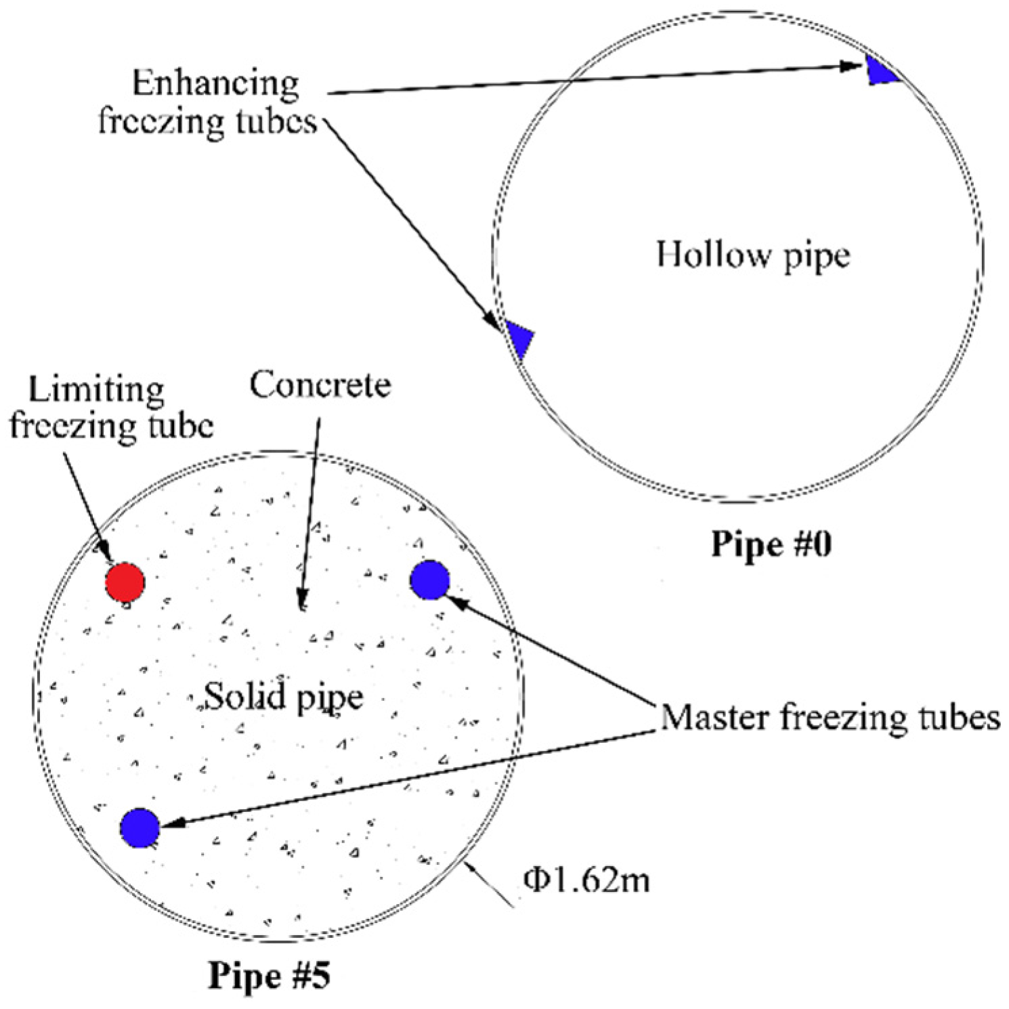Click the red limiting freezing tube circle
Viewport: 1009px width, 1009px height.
pos(125,582)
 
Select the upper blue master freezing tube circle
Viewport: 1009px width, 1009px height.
pos(430,580)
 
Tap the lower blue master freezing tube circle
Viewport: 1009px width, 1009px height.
pos(140,828)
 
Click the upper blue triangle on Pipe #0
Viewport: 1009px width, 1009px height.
pos(879,70)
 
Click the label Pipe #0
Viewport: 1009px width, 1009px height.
pos(771,544)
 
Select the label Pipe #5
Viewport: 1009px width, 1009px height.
pos(270,976)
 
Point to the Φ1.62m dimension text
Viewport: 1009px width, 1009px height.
pos(586,880)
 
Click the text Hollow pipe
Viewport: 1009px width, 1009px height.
pos(753,256)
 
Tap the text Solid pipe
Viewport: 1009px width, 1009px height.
pos(284,697)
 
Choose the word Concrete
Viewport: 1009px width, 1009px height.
pos(320,385)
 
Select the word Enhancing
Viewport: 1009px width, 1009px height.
pos(216,84)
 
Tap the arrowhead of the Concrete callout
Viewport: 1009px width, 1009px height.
pos(303,600)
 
